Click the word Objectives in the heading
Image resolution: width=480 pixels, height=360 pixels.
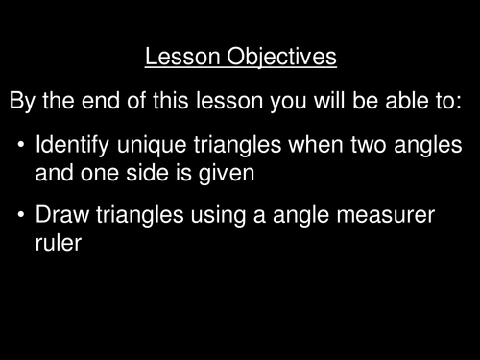point(281,58)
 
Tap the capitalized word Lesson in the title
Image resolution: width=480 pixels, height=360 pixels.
point(182,57)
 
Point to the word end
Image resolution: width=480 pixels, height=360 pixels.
point(101,101)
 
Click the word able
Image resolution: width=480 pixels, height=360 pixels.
point(406,101)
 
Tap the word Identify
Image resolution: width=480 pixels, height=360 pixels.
point(73,146)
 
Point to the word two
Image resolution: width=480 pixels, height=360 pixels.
point(369,146)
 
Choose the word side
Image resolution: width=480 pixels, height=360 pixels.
point(147,173)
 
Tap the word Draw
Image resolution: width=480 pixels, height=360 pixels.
point(62,214)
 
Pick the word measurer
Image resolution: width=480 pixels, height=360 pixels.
point(385,215)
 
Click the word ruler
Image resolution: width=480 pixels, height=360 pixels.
point(59,243)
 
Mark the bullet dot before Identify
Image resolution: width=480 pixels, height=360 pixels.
point(21,144)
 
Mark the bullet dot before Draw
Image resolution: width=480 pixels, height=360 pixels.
point(21,214)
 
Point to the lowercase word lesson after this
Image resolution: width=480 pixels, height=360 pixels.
point(229,101)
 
